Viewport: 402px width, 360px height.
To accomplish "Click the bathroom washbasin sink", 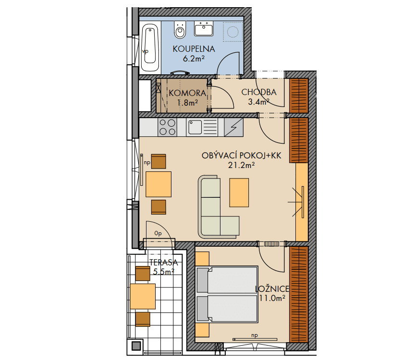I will [204, 29].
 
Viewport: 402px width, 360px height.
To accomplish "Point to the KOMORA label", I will [187, 93].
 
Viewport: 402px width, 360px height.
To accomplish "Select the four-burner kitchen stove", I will [167, 127].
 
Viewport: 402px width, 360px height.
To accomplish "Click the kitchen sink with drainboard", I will [202, 127].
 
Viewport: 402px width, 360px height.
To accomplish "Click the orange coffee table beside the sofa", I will [239, 192].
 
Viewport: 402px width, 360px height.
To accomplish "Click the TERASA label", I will [163, 263].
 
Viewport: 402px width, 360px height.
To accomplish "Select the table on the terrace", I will [143, 297].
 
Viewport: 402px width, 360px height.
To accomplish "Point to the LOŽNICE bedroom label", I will [272, 289].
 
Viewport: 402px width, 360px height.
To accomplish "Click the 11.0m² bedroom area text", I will [272, 298].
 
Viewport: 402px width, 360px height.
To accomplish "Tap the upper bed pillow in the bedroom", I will [202, 280].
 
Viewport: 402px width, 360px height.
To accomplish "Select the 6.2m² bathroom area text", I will [194, 59].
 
